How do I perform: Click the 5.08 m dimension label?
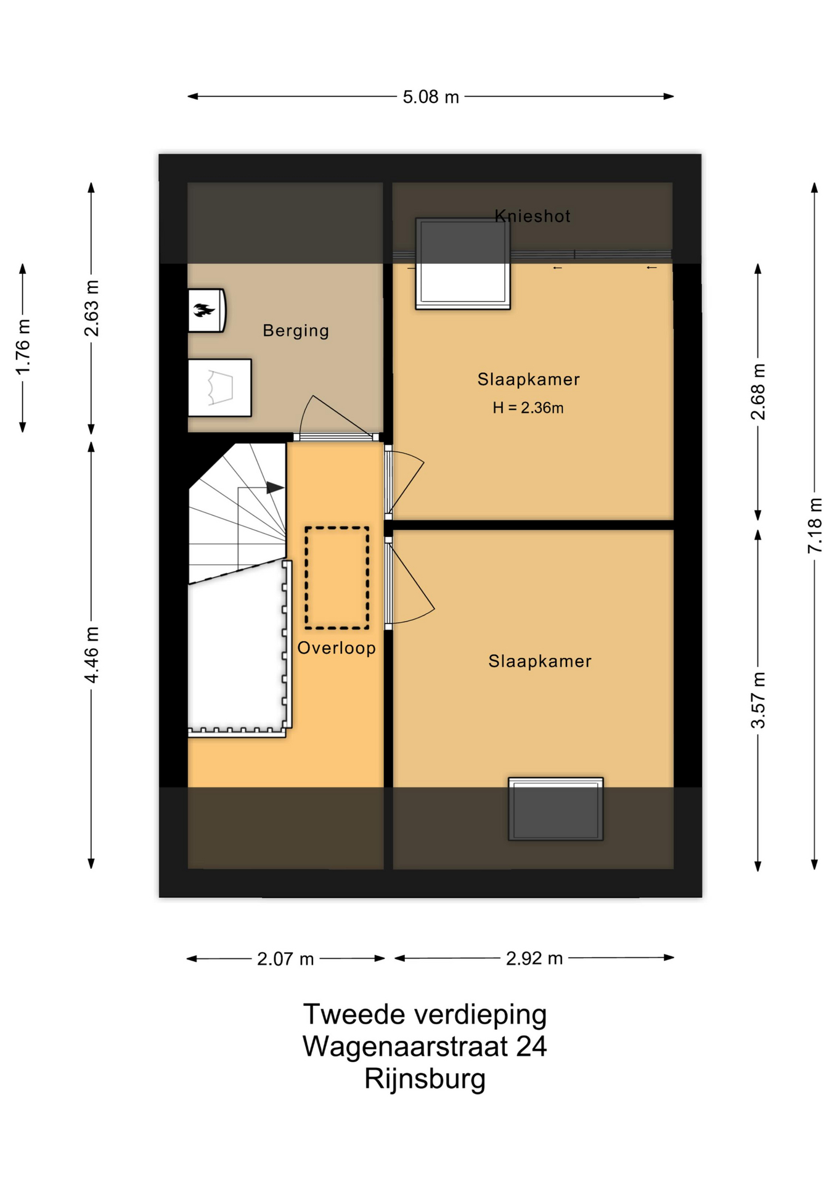click(x=431, y=97)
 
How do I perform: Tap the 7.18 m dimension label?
click(x=815, y=525)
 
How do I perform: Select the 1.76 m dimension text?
click(x=23, y=347)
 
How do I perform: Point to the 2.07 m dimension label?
click(x=285, y=959)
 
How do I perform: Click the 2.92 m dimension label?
click(x=534, y=958)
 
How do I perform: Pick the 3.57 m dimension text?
click(x=758, y=701)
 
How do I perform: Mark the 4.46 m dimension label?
click(x=91, y=655)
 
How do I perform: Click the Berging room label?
click(x=296, y=331)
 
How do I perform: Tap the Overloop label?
click(x=337, y=648)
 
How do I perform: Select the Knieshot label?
click(x=533, y=216)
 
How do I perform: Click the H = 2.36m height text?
click(x=528, y=408)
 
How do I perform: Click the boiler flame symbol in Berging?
click(x=203, y=310)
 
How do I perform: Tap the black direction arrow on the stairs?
click(x=275, y=488)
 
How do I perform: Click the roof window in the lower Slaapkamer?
click(x=556, y=809)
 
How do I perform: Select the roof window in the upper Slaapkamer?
click(x=463, y=263)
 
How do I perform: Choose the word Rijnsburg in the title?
click(x=425, y=1079)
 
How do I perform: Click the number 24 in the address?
click(x=531, y=1046)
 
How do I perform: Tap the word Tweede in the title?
click(x=354, y=1014)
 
